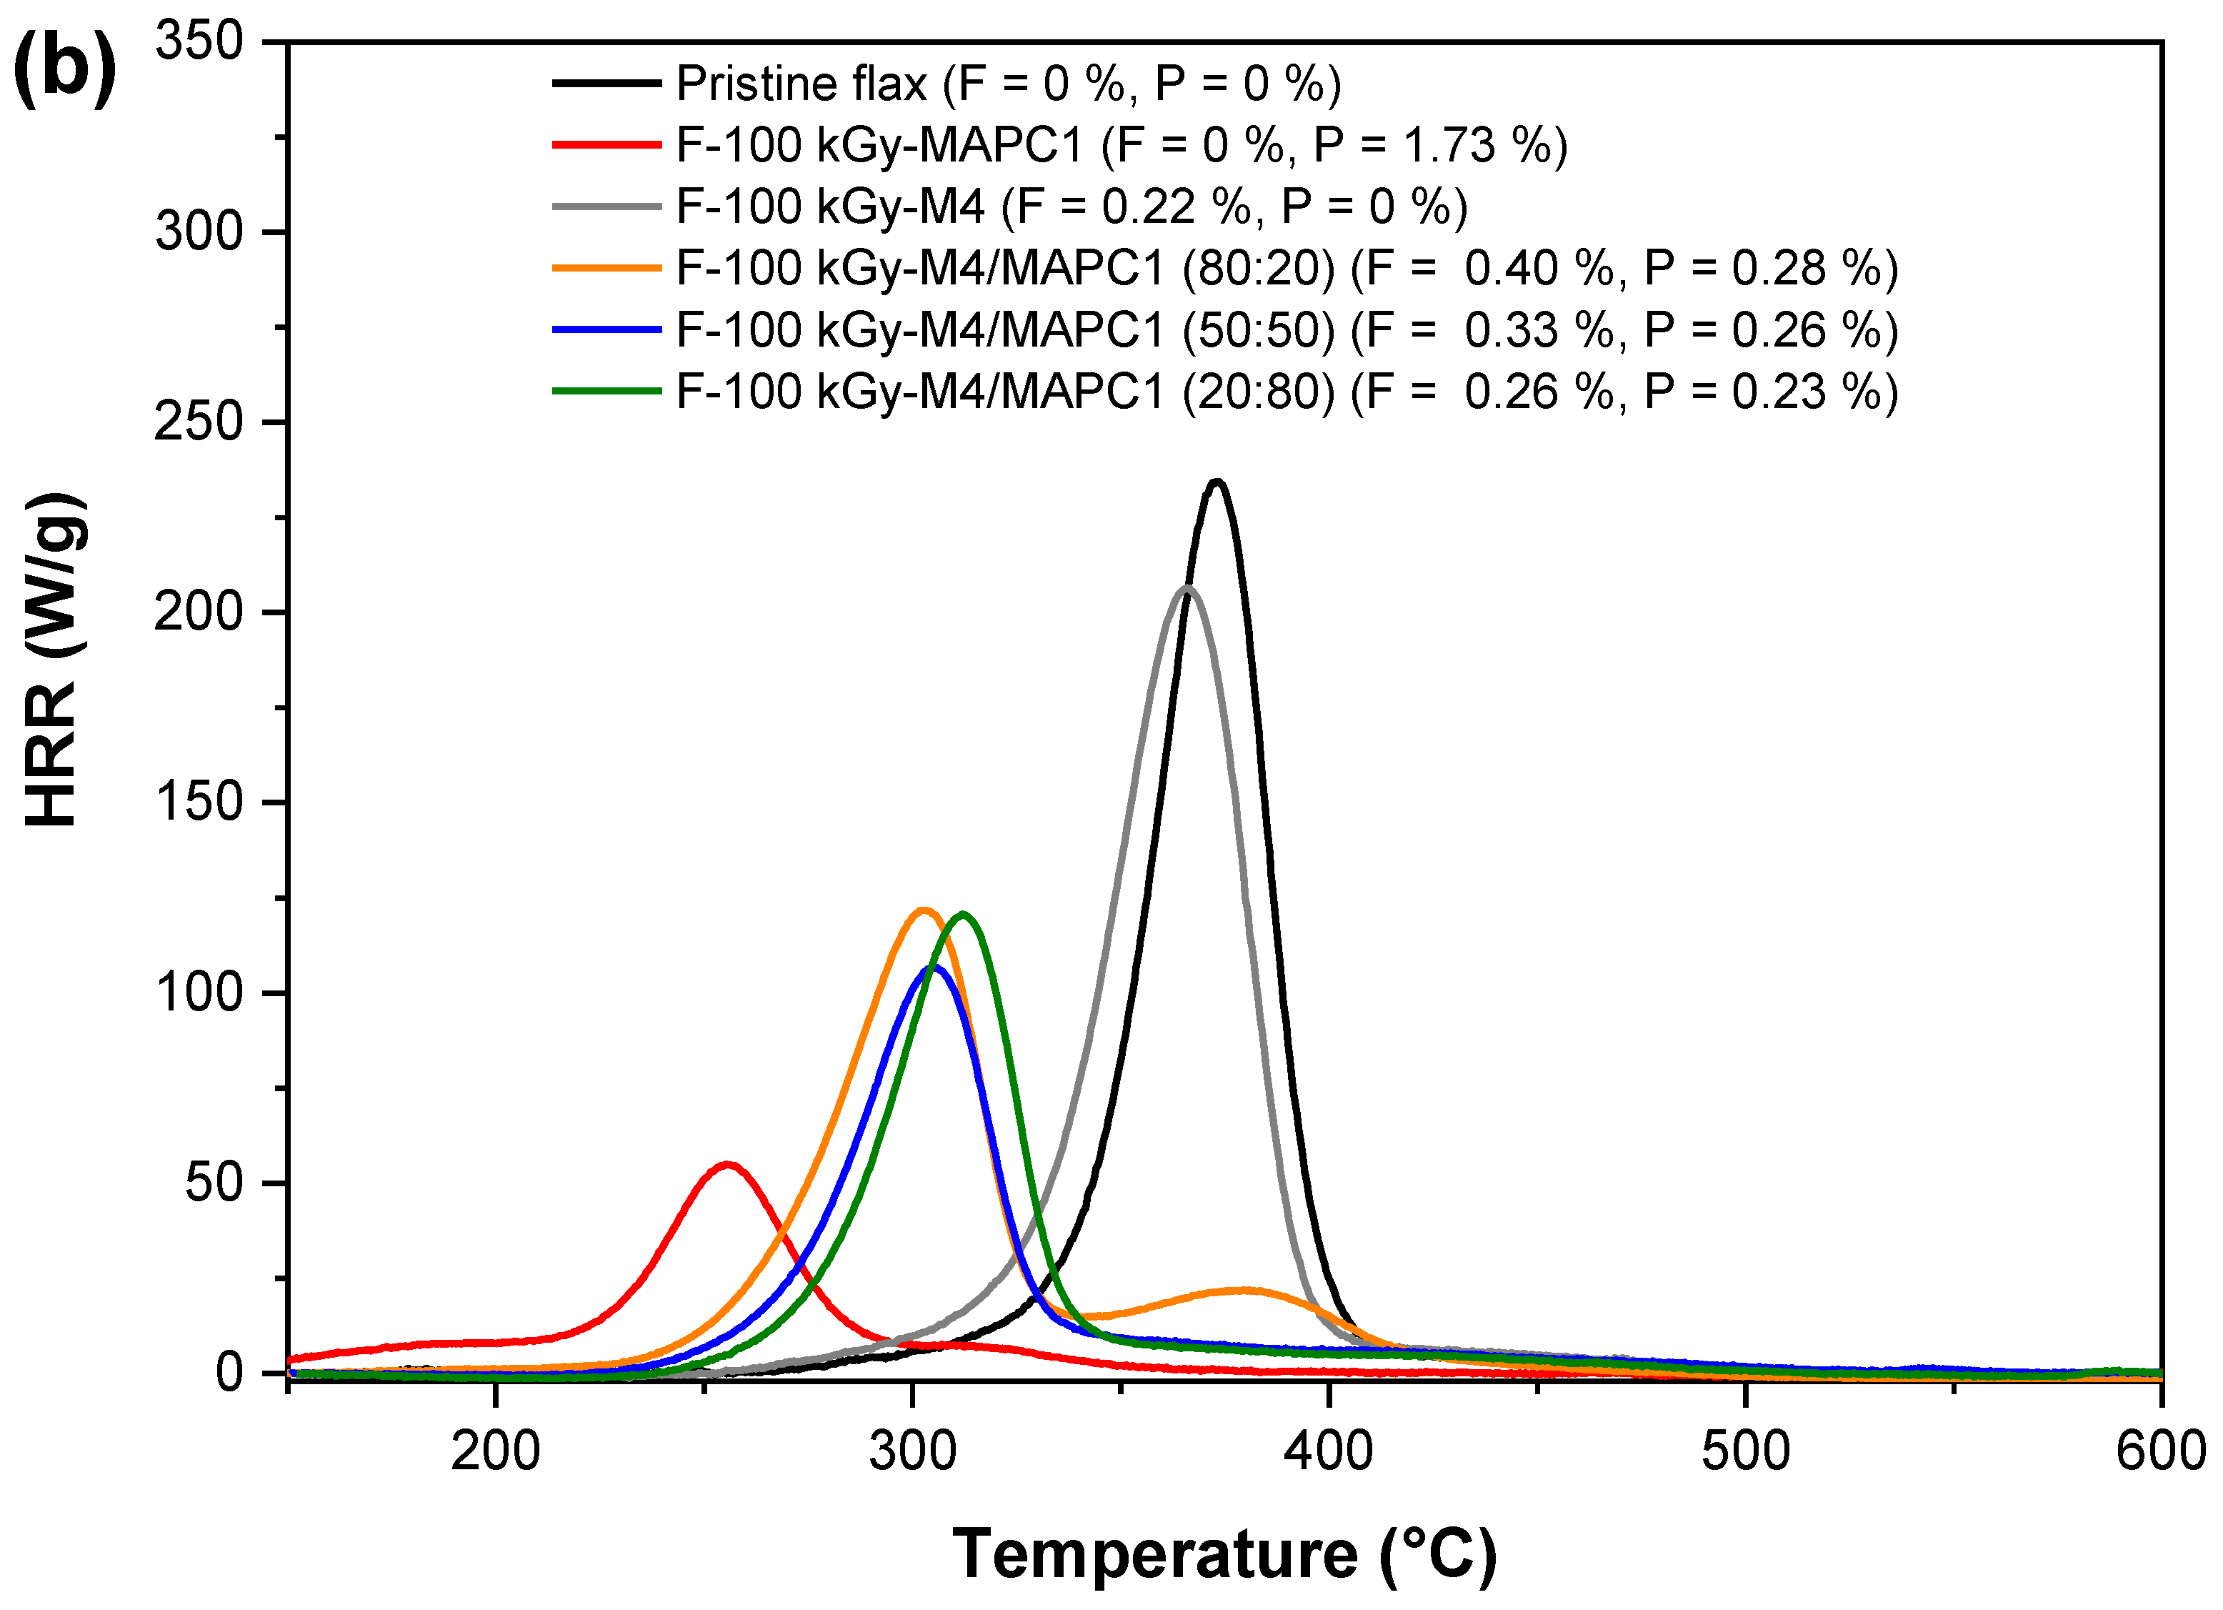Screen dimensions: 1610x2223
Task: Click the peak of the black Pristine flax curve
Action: point(1217,482)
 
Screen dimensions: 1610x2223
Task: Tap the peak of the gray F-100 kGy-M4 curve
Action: point(1186,588)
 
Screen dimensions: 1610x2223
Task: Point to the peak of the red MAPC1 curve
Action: point(726,1164)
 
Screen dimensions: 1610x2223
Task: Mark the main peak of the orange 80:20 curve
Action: point(922,910)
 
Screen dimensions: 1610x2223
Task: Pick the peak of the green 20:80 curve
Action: point(964,914)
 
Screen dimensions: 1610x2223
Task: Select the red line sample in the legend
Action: point(606,145)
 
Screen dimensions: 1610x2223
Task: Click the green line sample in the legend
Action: point(606,391)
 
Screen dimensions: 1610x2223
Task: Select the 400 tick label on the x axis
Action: point(1328,1451)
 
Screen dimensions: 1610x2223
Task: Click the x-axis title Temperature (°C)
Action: point(1224,1555)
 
